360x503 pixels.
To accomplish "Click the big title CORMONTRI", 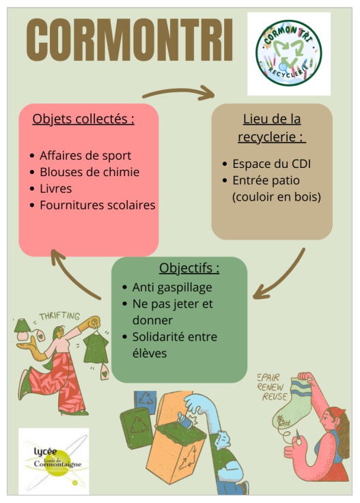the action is (129, 40).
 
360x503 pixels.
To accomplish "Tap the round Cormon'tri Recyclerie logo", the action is (289, 53).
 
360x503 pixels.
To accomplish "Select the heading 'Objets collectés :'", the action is (83, 119).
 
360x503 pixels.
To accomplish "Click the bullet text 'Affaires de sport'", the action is (85, 156).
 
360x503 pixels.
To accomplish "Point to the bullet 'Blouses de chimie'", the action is (89, 172).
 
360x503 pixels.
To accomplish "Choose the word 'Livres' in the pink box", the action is (56, 188).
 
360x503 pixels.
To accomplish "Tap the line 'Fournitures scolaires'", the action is (98, 205).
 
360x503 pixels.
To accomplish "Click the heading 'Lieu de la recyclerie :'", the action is (272, 128).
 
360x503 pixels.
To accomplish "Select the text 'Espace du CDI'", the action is (272, 164).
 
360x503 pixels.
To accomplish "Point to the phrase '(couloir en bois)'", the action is (277, 197).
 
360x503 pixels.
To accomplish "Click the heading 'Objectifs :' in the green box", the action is (189, 268).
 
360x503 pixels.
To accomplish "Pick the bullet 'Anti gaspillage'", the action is (172, 288).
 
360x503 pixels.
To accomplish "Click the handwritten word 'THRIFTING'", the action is (59, 316).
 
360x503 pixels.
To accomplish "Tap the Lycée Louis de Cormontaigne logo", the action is (54, 461).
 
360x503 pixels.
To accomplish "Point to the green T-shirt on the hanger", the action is (96, 348).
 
